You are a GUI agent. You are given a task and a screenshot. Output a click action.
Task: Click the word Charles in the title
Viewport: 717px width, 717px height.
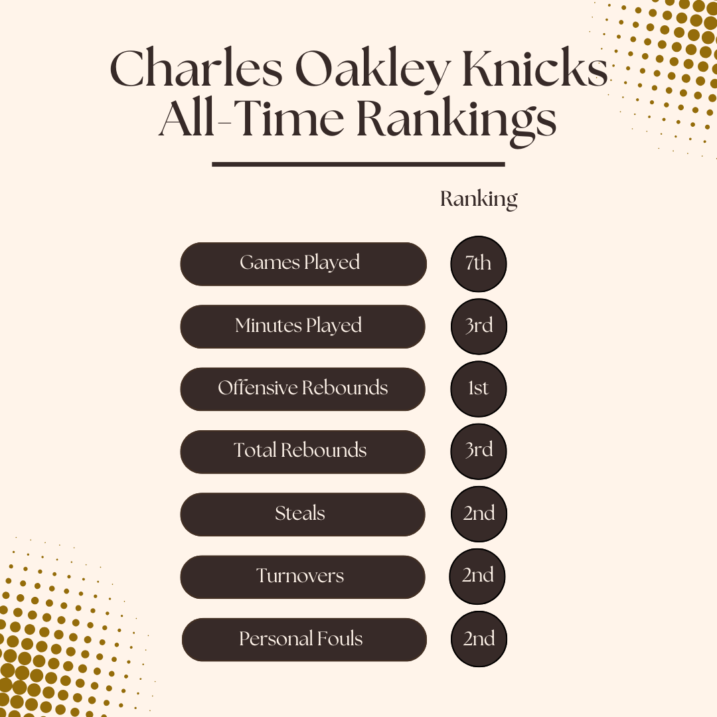pyautogui.click(x=196, y=68)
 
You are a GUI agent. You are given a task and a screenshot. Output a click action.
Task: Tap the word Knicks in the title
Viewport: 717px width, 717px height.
pyautogui.click(x=534, y=68)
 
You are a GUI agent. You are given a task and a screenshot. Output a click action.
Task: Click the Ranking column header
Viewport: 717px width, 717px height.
pyautogui.click(x=479, y=200)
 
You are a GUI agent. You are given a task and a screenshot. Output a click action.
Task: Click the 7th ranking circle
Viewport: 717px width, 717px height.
pyautogui.click(x=478, y=264)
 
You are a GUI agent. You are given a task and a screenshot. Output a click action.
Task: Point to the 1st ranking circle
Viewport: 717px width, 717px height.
pyautogui.click(x=478, y=388)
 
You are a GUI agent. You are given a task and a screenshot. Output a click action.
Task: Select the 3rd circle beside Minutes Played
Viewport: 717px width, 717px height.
pyautogui.click(x=479, y=327)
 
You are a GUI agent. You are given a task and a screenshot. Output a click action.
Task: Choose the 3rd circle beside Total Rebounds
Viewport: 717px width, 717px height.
pyautogui.click(x=478, y=451)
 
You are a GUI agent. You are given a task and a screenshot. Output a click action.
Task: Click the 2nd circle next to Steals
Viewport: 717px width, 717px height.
pyautogui.click(x=479, y=514)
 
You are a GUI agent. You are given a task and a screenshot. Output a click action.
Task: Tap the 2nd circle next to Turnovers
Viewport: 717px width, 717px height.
pyautogui.click(x=477, y=576)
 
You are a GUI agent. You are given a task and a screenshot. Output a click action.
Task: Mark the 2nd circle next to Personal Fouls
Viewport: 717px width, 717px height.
pyautogui.click(x=479, y=639)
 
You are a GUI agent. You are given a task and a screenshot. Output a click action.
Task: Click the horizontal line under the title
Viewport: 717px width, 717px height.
pyautogui.click(x=358, y=164)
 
